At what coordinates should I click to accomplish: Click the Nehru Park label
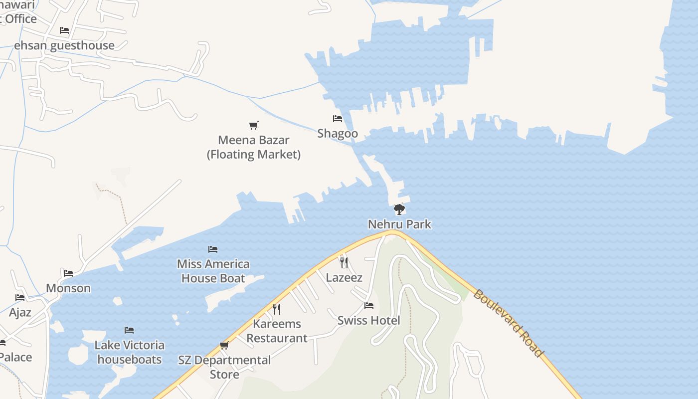[x=399, y=224]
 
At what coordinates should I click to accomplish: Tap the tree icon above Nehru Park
[x=399, y=209]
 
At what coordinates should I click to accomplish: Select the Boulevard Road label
[x=508, y=323]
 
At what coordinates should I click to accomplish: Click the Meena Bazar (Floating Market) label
[x=254, y=147]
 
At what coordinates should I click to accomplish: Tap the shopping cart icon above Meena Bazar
[x=254, y=125]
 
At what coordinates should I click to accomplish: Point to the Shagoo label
[x=338, y=134]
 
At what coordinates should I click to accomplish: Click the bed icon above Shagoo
[x=338, y=119]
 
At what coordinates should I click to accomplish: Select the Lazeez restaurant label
[x=344, y=277]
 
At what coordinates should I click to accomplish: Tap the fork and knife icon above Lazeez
[x=344, y=262]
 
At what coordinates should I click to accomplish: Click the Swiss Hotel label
[x=368, y=320]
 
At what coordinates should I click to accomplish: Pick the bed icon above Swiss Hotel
[x=369, y=305]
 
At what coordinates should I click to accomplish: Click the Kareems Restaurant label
[x=277, y=331]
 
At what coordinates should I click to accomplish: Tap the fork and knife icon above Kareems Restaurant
[x=277, y=309]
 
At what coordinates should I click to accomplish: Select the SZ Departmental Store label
[x=224, y=367]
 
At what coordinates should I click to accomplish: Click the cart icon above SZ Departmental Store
[x=224, y=345]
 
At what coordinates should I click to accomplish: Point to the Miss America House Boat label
[x=213, y=271]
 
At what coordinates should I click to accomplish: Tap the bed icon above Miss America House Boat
[x=213, y=249]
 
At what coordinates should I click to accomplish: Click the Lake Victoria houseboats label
[x=129, y=352]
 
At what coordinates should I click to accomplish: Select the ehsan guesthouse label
[x=64, y=45]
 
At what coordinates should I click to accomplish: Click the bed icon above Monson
[x=68, y=273]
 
